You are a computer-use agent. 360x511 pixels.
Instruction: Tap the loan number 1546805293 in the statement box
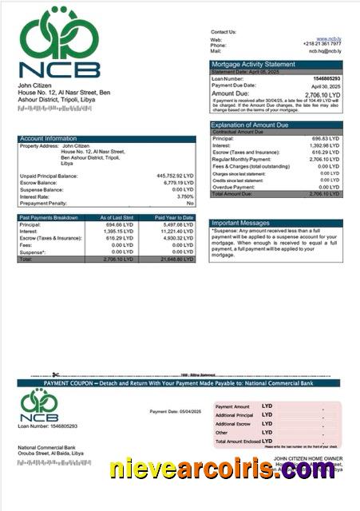tap(323, 79)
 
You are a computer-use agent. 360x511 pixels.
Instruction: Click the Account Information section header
tap(49, 139)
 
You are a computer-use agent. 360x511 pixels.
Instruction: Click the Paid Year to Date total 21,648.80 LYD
tap(176, 259)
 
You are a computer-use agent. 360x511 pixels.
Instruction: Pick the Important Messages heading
tap(242, 223)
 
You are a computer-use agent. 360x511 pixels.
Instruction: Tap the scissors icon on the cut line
tap(56, 375)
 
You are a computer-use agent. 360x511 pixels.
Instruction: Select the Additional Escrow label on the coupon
tap(233, 424)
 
